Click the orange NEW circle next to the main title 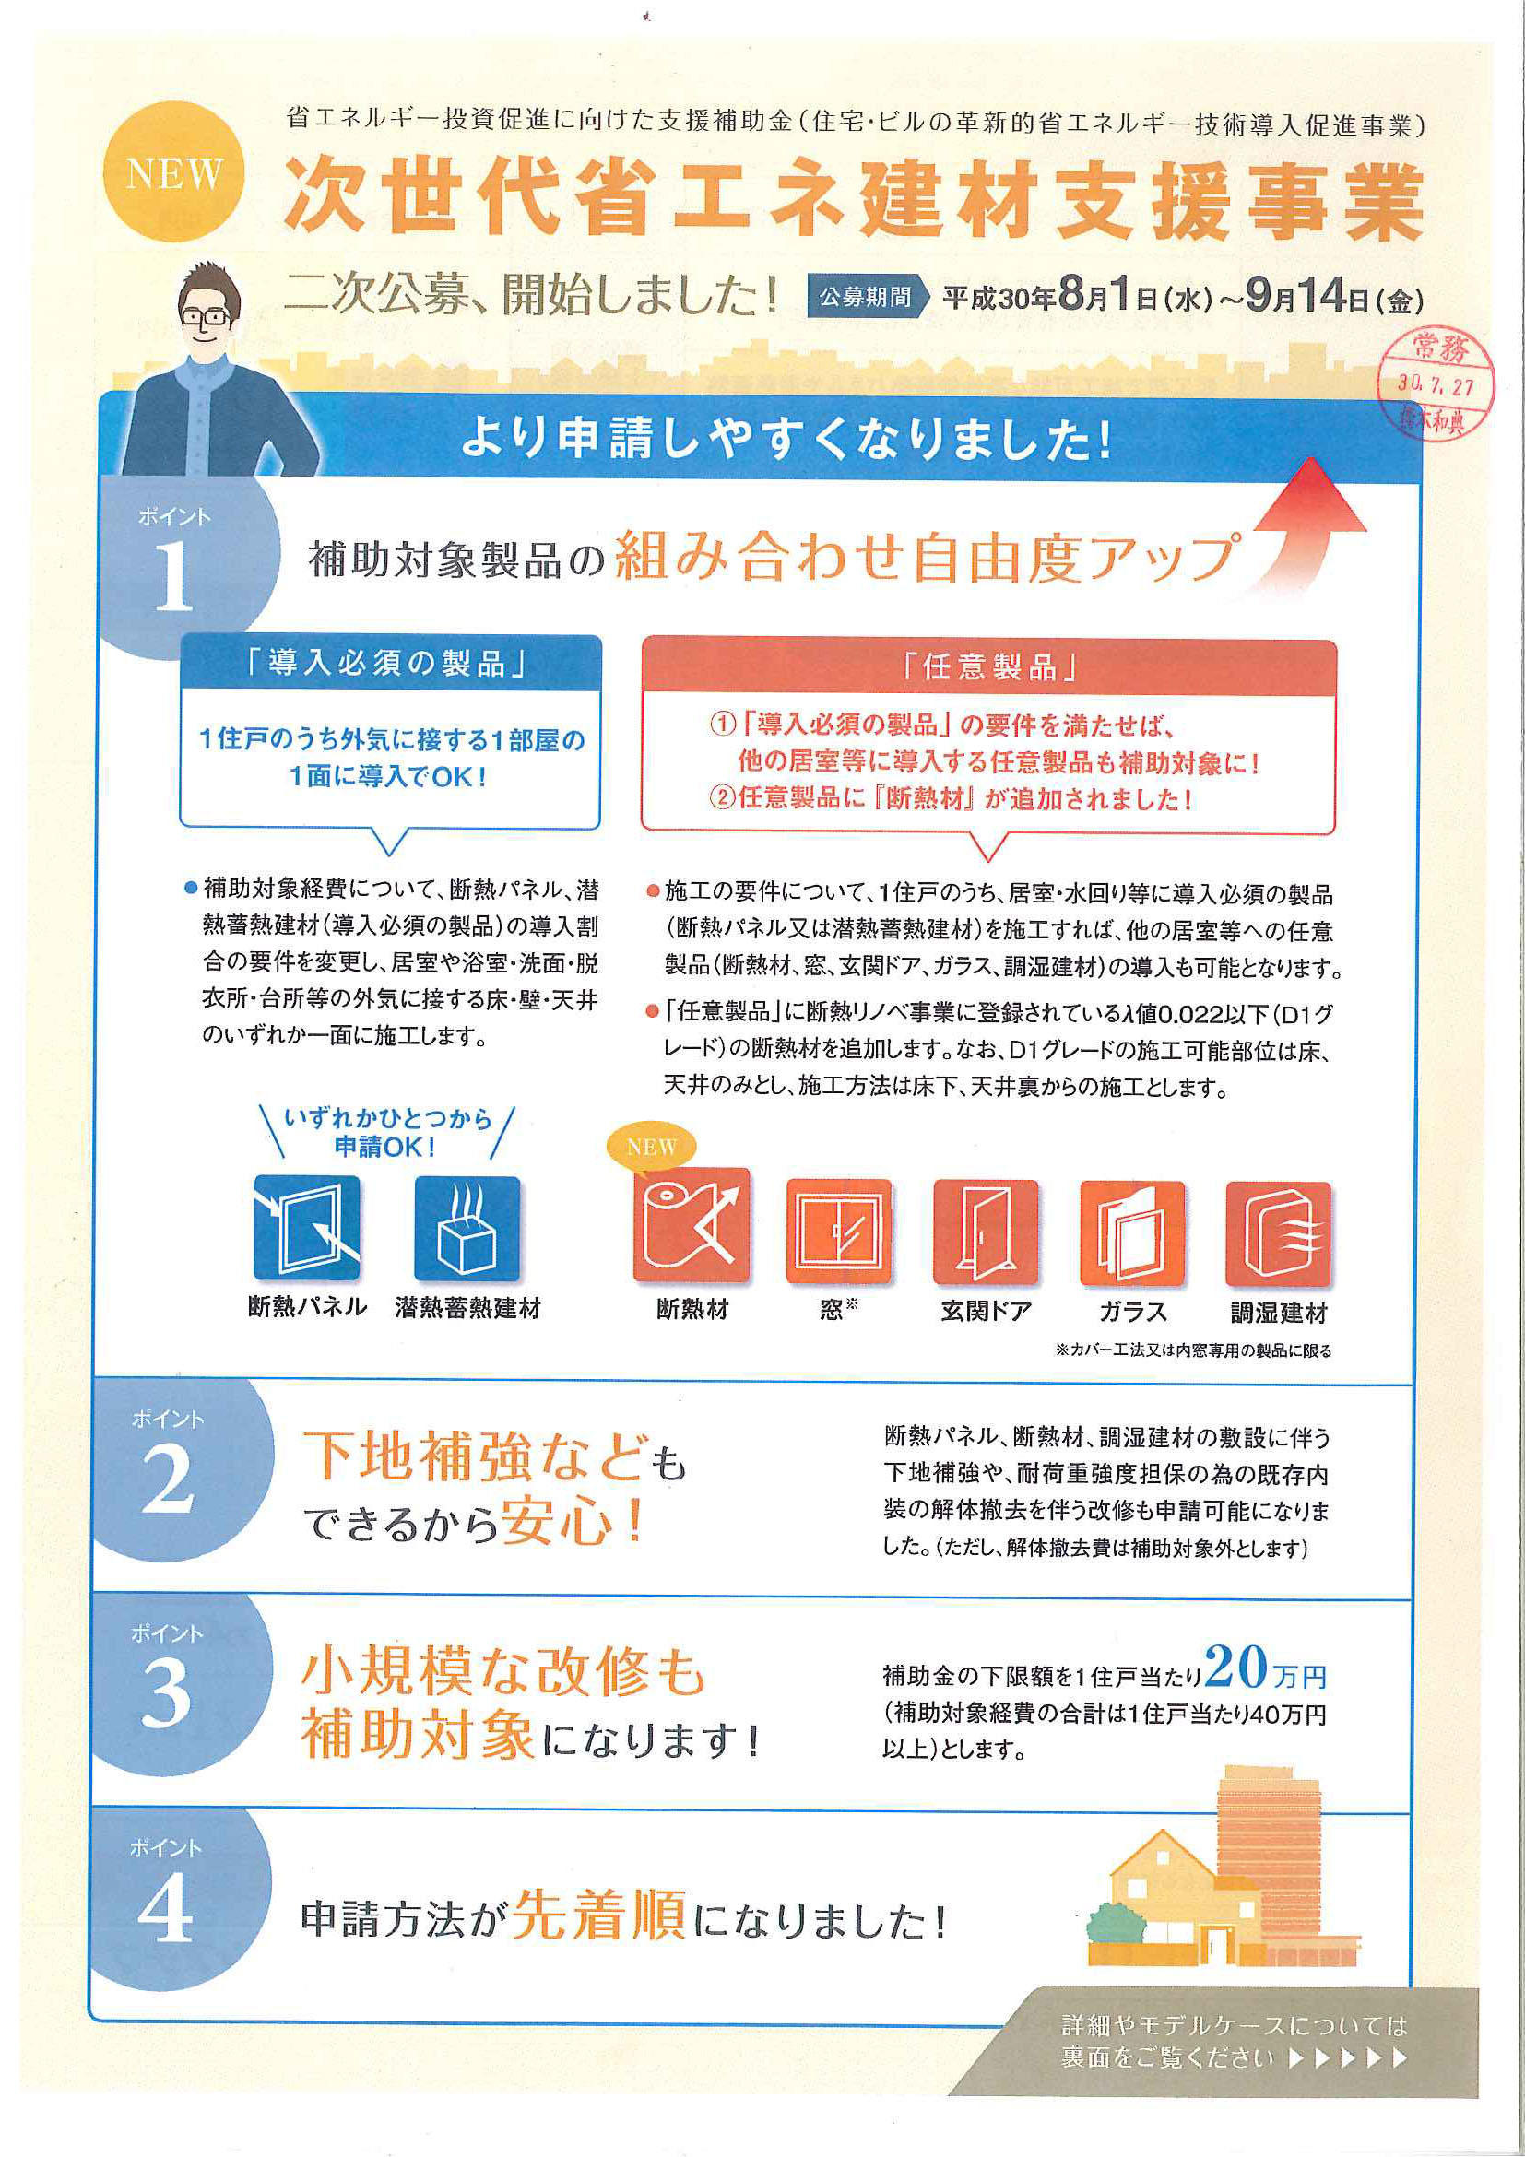pyautogui.click(x=174, y=173)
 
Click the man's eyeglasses pyautogui.click(x=207, y=316)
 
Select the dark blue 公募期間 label pyautogui.click(x=866, y=298)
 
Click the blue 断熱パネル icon pyautogui.click(x=307, y=1229)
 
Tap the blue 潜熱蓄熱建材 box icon pyautogui.click(x=467, y=1229)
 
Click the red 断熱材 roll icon pyautogui.click(x=692, y=1226)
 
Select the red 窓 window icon pyautogui.click(x=838, y=1232)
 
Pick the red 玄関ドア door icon pyautogui.click(x=985, y=1232)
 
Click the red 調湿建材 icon pyautogui.click(x=1278, y=1233)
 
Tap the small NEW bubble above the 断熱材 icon pyautogui.click(x=652, y=1147)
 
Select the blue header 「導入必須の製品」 pyautogui.click(x=389, y=665)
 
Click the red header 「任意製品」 pyautogui.click(x=987, y=667)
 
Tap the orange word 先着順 pyautogui.click(x=599, y=1915)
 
